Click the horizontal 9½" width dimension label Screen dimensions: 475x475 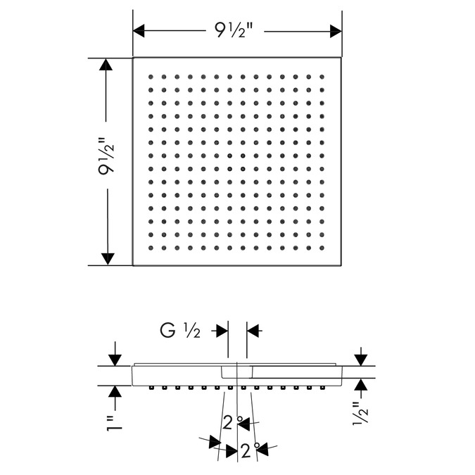click(x=234, y=30)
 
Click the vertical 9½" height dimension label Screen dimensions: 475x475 click(x=106, y=156)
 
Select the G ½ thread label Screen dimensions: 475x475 click(x=180, y=331)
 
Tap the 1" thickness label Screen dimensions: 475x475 click(x=115, y=424)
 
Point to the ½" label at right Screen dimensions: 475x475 click(x=360, y=413)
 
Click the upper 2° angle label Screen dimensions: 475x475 click(x=233, y=422)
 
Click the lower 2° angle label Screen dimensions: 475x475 click(x=251, y=450)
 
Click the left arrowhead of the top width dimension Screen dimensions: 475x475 click(x=139, y=31)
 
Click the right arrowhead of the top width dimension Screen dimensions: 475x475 click(x=336, y=31)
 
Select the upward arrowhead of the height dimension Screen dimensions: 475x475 click(x=106, y=64)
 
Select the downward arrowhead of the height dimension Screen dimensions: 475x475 click(x=108, y=259)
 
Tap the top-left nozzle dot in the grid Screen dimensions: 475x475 click(x=151, y=77)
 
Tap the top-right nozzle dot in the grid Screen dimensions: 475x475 click(x=322, y=77)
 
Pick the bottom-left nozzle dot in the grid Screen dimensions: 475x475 click(x=151, y=248)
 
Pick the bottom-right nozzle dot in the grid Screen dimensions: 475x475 click(x=322, y=248)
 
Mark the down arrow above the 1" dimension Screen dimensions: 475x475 click(x=115, y=360)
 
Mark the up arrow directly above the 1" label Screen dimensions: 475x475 click(x=115, y=392)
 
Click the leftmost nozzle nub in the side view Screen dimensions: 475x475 click(x=151, y=388)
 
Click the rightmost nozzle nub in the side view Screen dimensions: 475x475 click(x=322, y=388)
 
